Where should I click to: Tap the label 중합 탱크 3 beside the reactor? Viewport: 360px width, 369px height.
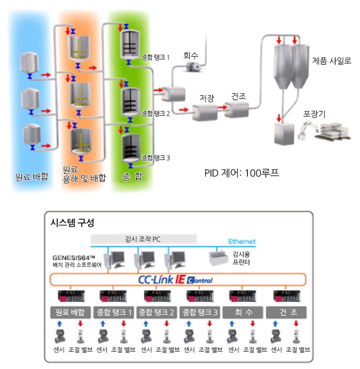(x=155, y=157)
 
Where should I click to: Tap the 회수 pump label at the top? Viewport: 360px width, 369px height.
(x=191, y=55)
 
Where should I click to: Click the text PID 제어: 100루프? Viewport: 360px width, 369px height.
(x=242, y=173)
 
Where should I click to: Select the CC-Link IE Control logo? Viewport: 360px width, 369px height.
(x=176, y=280)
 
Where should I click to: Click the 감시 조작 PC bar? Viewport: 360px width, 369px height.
(x=143, y=239)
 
